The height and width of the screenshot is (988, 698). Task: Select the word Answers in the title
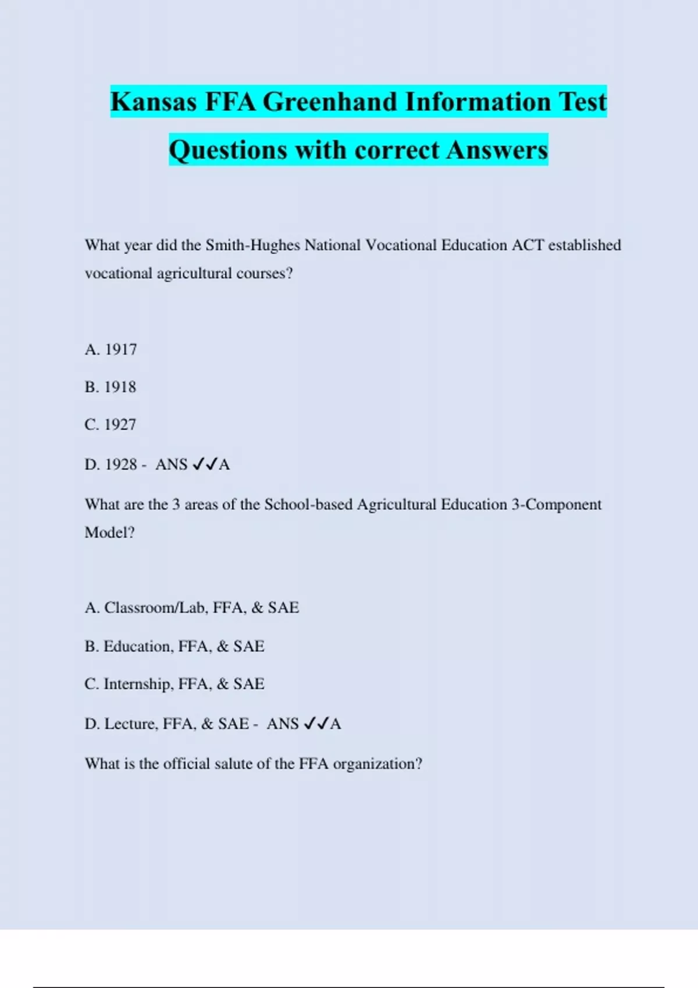(497, 150)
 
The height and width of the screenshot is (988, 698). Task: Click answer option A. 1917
(111, 349)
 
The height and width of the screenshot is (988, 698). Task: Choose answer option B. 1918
(110, 387)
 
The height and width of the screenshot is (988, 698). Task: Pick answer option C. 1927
(110, 425)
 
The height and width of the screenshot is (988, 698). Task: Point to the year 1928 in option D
(121, 464)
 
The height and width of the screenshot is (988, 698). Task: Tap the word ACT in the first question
(528, 245)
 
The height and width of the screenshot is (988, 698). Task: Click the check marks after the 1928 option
(205, 464)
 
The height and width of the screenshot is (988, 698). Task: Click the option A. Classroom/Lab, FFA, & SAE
(191, 608)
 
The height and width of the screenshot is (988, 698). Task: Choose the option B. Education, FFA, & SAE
(174, 646)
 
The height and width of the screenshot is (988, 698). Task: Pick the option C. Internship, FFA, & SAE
(174, 684)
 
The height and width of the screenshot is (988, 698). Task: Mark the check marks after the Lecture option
(316, 724)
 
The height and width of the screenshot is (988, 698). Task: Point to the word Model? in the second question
(109, 532)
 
